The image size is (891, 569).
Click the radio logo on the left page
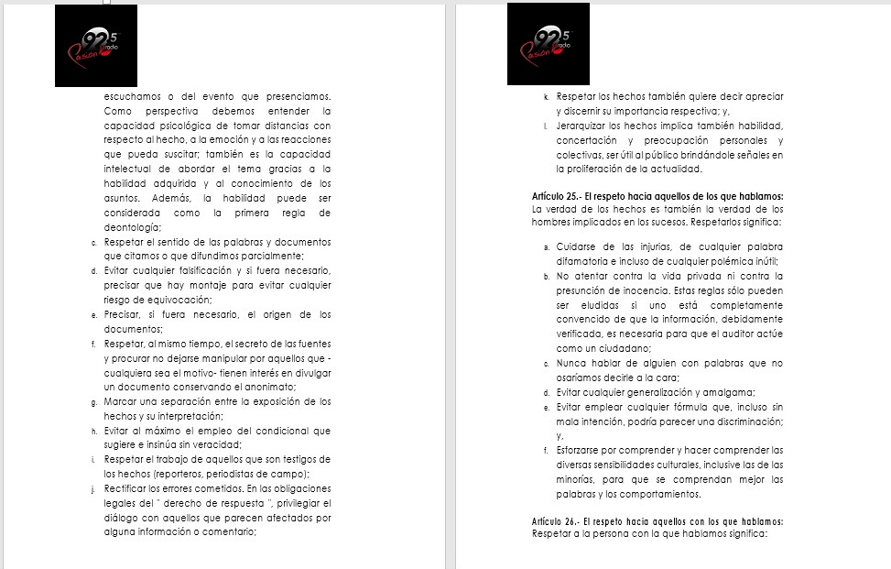click(x=95, y=46)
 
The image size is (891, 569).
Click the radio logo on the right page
click(x=549, y=44)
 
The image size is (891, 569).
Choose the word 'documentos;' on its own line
click(x=134, y=328)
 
